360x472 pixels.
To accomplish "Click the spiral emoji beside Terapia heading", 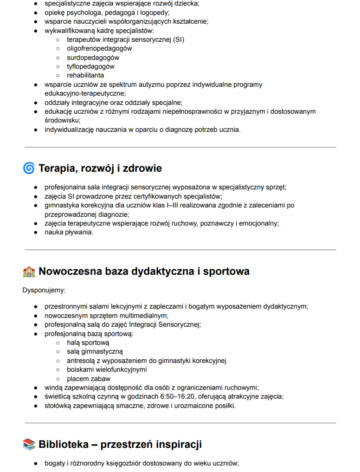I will tap(29, 168).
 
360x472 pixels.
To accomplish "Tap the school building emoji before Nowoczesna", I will tap(29, 272).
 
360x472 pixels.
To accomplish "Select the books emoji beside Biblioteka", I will tap(29, 445).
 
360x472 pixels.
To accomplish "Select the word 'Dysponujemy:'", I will tap(44, 291).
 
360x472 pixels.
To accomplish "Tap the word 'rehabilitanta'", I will tap(85, 75).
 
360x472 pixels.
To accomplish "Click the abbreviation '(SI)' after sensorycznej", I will tap(177, 39).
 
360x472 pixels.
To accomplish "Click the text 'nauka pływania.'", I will tap(69, 232).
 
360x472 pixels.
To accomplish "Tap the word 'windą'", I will tap(53, 388).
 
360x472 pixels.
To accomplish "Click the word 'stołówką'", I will tap(58, 406).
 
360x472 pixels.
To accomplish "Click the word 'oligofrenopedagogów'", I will tap(99, 48).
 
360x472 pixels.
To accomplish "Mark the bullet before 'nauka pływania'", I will tap(36, 232).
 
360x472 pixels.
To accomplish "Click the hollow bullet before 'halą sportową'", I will tap(58, 343).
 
